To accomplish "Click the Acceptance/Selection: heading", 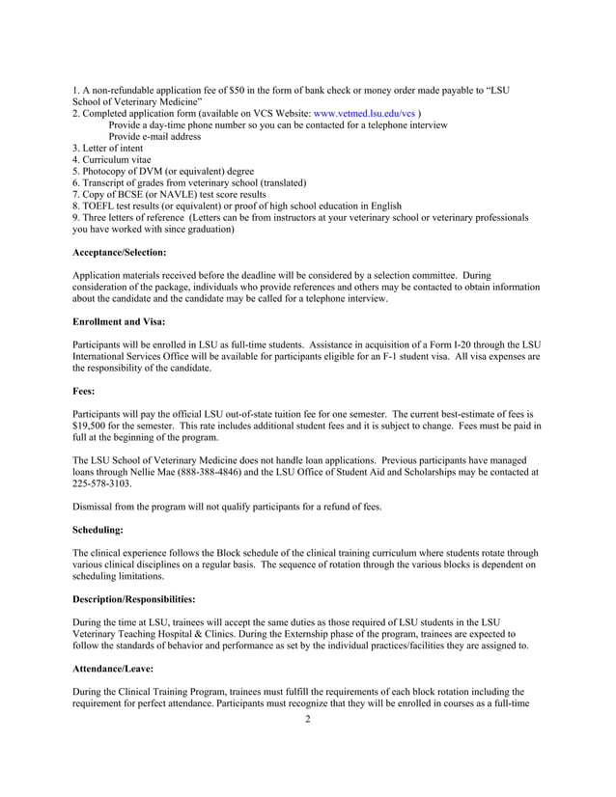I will click(x=120, y=252).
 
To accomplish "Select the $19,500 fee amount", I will click(x=94, y=426).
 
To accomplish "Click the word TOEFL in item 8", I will click(x=99, y=206).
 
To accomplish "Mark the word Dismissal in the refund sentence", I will click(x=97, y=506).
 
